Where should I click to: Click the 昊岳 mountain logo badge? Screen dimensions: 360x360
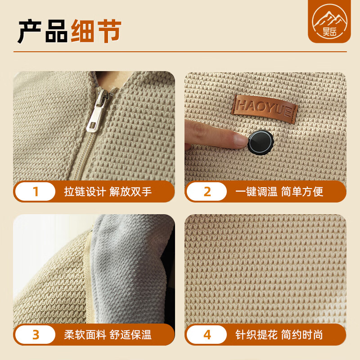click(x=329, y=21)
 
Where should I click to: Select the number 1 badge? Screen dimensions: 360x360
click(x=36, y=192)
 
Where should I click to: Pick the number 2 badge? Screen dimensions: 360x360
click(x=207, y=192)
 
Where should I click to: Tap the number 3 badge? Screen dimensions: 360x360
click(x=36, y=335)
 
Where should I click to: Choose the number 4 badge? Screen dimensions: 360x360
click(x=207, y=335)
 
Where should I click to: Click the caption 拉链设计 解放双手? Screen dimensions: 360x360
click(x=108, y=192)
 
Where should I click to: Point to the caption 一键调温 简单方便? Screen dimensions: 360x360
click(x=279, y=192)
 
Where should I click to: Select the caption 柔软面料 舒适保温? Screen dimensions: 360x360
click(x=108, y=335)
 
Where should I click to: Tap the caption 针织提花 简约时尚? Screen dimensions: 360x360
click(x=279, y=335)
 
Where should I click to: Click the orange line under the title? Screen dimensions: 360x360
click(x=180, y=52)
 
